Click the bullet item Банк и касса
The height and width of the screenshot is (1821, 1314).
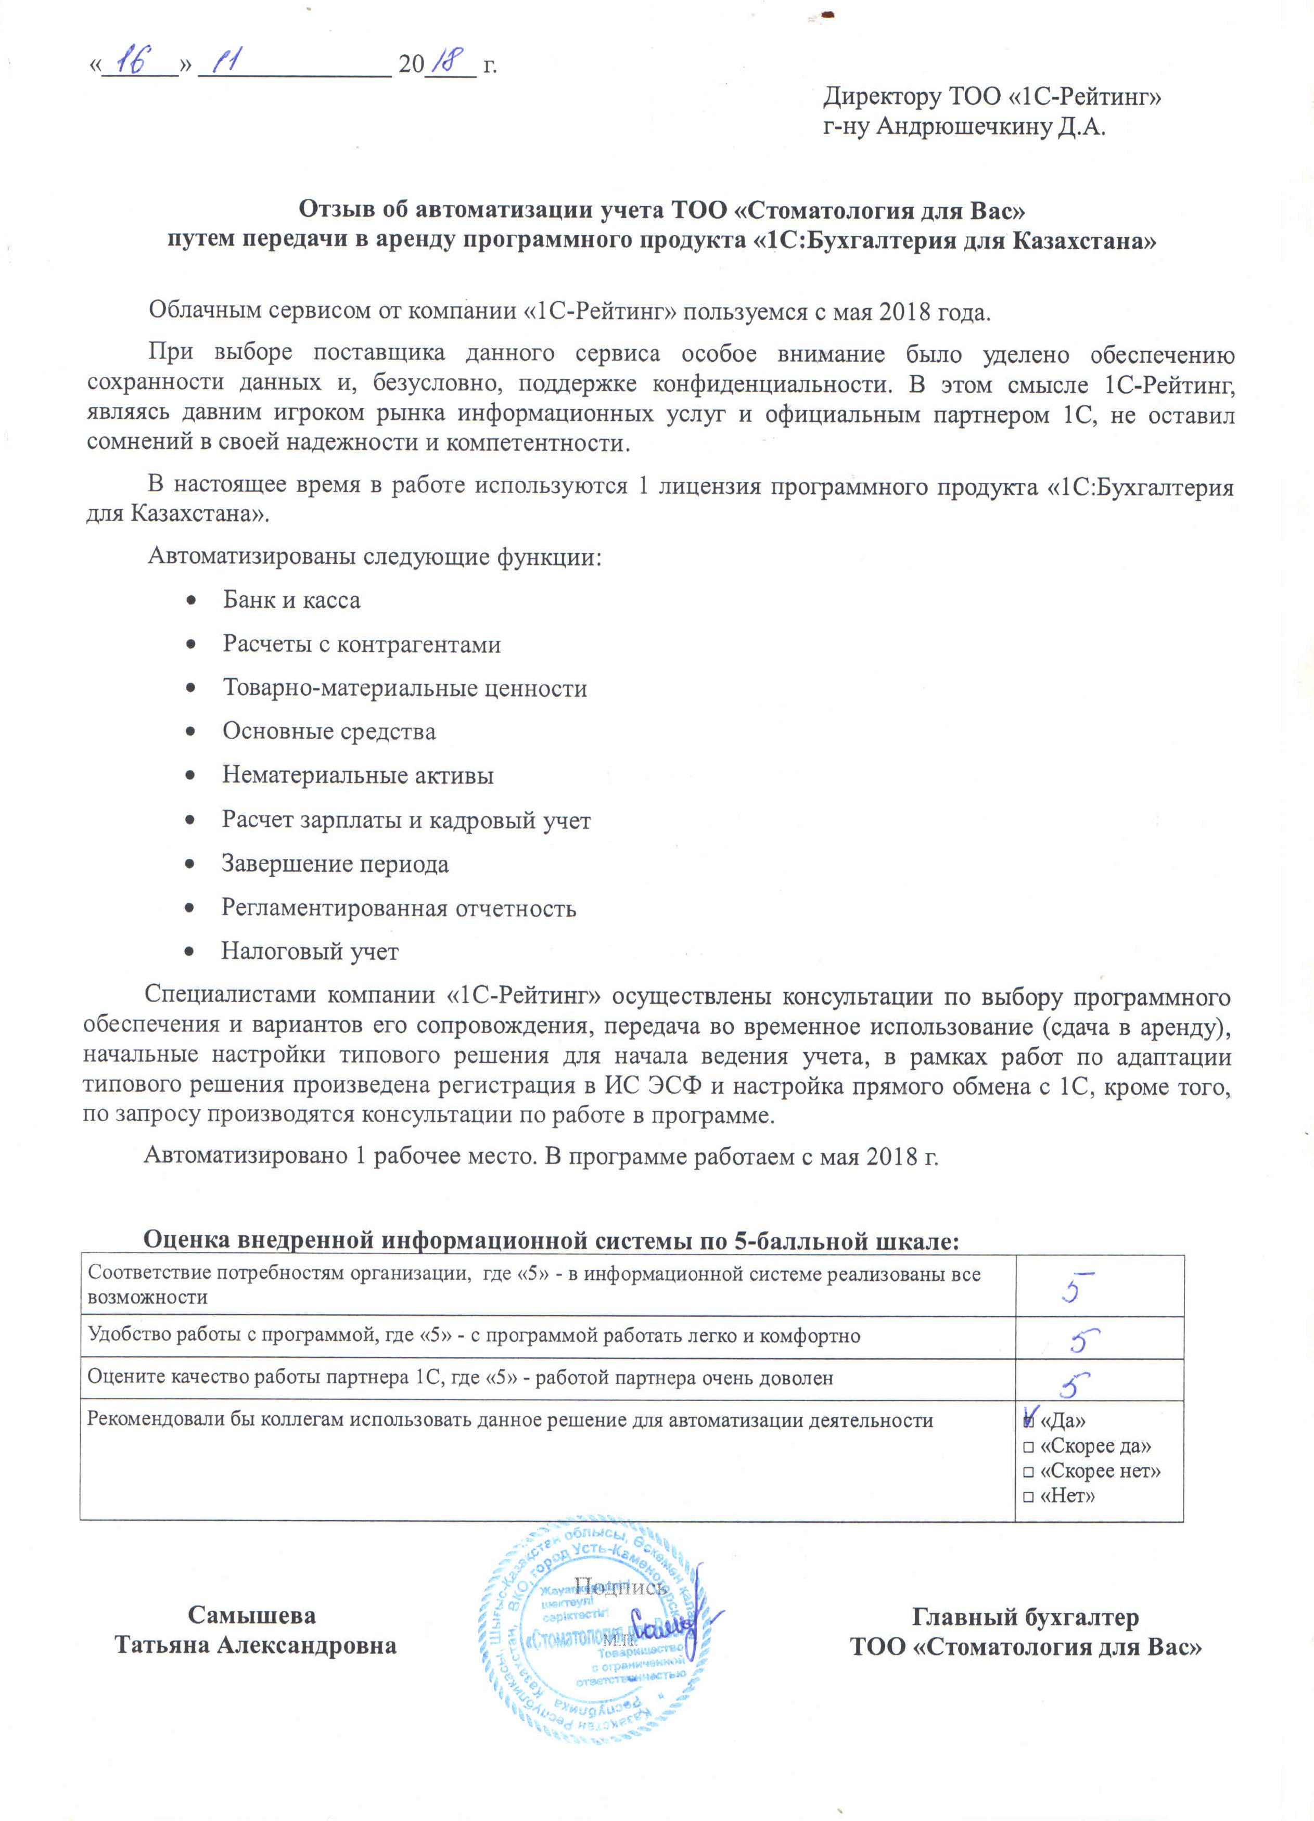(x=291, y=600)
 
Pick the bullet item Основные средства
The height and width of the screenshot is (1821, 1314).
(x=328, y=732)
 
